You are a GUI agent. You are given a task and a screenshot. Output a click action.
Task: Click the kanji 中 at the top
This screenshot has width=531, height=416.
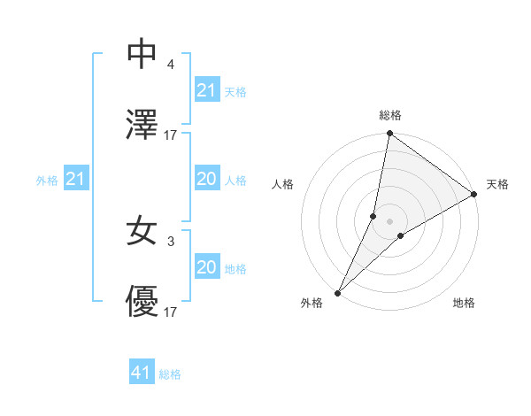tap(142, 54)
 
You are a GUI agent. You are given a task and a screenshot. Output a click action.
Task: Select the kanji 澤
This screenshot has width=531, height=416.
tap(142, 126)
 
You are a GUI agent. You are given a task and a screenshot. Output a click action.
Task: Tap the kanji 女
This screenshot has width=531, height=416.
tap(142, 232)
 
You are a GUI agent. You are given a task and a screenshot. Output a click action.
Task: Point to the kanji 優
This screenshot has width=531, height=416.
tap(142, 304)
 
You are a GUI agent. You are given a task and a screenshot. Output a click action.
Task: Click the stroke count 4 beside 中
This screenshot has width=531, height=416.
tap(171, 64)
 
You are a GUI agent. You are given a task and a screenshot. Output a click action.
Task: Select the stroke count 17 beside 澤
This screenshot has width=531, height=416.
tap(171, 135)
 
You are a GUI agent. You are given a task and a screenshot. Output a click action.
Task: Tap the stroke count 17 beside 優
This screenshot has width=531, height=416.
tap(171, 312)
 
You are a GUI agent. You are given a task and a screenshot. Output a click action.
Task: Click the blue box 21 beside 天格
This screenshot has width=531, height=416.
tap(206, 90)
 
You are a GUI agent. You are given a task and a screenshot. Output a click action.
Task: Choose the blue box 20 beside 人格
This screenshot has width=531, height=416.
tap(206, 179)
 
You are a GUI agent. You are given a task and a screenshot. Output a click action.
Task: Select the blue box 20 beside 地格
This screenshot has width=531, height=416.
tap(206, 267)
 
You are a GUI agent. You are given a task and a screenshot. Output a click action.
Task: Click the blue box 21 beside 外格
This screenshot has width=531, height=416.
tap(76, 180)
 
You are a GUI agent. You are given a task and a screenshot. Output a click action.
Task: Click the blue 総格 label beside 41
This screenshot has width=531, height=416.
tap(170, 374)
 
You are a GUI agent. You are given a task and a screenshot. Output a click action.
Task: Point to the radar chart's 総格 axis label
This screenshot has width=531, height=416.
tap(390, 115)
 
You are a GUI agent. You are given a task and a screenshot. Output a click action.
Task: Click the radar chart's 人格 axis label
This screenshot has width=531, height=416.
tap(283, 185)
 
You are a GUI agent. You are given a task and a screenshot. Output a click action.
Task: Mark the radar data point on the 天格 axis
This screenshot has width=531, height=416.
tap(474, 194)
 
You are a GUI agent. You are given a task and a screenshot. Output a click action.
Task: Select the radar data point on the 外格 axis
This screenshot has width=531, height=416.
tap(337, 292)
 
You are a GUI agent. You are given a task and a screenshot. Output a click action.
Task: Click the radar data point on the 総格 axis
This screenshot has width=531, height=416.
tap(389, 134)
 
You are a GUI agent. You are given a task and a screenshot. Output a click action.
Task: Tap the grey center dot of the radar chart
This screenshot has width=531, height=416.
tap(389, 221)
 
